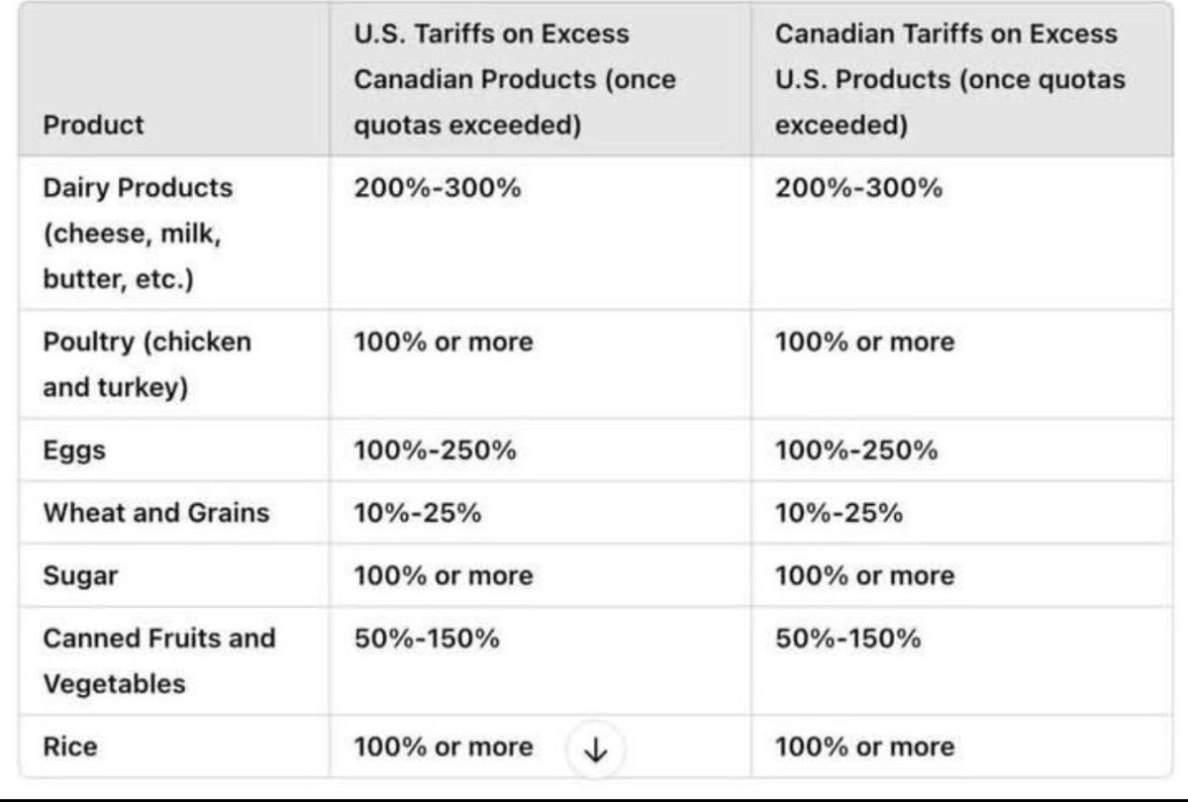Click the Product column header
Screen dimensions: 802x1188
pos(93,125)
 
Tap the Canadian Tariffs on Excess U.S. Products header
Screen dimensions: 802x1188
pos(948,79)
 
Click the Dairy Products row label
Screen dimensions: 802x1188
pos(138,234)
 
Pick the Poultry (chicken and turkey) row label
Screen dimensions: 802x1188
pos(147,364)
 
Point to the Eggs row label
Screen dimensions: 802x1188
pos(74,451)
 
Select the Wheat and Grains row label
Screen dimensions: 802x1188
pos(156,513)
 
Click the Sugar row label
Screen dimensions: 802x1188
pos(80,575)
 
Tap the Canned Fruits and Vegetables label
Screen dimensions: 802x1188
pos(158,660)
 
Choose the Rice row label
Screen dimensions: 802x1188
pos(70,746)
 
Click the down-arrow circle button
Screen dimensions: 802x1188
pos(595,750)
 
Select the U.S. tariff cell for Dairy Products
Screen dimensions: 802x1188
pos(438,188)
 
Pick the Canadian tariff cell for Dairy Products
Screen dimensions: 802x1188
pos(858,188)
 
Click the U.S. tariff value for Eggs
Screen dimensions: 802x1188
pos(436,451)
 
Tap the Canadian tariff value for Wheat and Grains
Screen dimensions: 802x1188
pos(840,513)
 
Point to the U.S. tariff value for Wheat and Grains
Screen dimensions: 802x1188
pos(418,513)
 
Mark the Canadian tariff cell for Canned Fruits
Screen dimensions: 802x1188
pos(848,639)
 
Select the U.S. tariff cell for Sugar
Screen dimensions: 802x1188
pos(444,575)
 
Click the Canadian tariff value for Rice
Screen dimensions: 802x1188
pos(865,746)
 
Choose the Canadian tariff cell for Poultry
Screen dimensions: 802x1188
pos(865,343)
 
